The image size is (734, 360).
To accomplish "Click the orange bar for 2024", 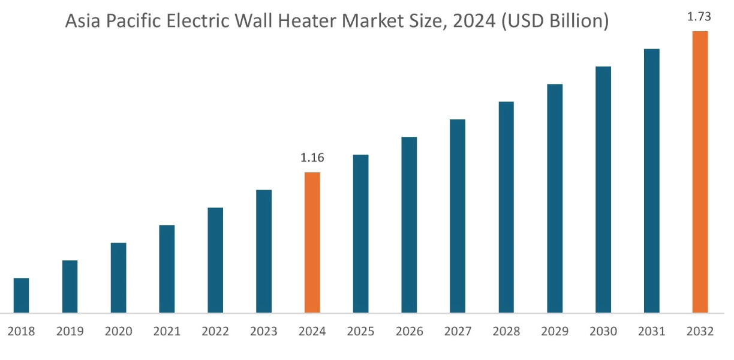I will [312, 242].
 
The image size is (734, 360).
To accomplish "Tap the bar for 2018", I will [21, 295].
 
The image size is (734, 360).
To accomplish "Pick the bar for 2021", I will [167, 269].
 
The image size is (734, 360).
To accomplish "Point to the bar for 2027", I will [458, 216].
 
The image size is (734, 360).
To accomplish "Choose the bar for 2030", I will [603, 190].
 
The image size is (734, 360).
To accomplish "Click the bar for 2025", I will [360, 233].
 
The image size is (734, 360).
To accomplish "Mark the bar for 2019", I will [70, 286].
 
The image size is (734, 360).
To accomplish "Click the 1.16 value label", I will [312, 158].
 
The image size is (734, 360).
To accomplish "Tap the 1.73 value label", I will [699, 17].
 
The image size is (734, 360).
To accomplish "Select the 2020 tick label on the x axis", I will [118, 332].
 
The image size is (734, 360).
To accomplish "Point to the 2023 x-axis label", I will [263, 332].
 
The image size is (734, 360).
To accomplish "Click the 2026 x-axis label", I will [409, 332].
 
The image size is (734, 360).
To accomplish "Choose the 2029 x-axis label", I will [554, 332].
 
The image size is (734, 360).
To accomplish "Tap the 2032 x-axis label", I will [700, 332].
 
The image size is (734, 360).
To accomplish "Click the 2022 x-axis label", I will [215, 332].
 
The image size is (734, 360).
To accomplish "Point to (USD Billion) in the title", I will [556, 22].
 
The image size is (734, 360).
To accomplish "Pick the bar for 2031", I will [651, 181].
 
